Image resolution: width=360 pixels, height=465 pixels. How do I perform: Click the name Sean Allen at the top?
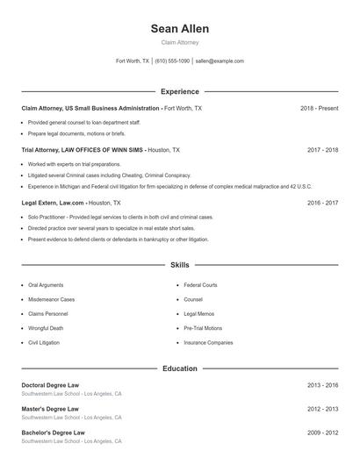[x=179, y=29]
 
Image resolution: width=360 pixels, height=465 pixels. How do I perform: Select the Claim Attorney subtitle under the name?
[x=179, y=42]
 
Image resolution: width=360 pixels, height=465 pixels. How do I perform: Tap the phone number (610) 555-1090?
[x=172, y=61]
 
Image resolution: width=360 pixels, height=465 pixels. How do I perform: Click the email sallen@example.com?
[x=220, y=61]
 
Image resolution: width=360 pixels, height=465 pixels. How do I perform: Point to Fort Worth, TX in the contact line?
[x=133, y=61]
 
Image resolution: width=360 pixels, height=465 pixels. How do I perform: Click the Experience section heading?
[x=179, y=91]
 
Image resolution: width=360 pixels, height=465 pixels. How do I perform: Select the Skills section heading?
[x=179, y=265]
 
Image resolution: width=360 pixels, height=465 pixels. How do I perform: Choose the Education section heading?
[x=179, y=368]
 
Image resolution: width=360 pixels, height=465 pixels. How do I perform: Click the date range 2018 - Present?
[x=319, y=108]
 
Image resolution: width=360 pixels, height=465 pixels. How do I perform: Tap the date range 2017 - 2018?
[x=322, y=150]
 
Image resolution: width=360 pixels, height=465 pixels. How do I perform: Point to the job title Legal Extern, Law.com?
[x=53, y=202]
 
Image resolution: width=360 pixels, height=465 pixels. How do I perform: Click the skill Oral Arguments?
[x=46, y=285]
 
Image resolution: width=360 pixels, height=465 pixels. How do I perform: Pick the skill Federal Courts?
[x=200, y=285]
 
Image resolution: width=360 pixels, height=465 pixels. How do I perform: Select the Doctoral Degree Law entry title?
[x=50, y=385]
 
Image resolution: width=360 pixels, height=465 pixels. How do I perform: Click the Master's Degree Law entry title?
[x=50, y=409]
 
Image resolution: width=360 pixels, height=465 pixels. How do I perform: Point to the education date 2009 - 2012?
[x=322, y=433]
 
